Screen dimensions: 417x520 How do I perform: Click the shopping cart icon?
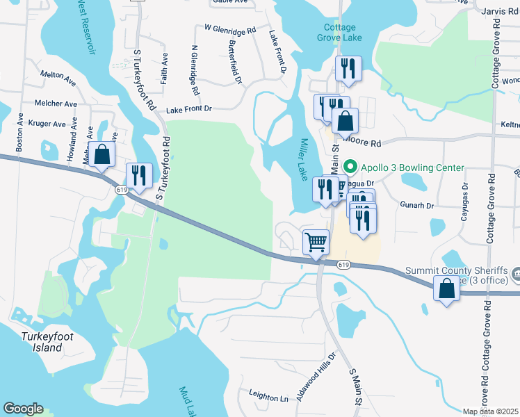pyautogui.click(x=316, y=243)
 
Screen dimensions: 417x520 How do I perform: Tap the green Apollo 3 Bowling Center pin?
pyautogui.click(x=350, y=167)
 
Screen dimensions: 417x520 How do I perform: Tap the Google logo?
pyautogui.click(x=23, y=409)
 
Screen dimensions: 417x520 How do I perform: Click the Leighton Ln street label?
pyautogui.click(x=265, y=398)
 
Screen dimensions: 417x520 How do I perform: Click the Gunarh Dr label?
pyautogui.click(x=417, y=206)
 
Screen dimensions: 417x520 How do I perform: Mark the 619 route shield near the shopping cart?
pyautogui.click(x=343, y=265)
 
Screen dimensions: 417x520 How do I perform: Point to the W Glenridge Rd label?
pyautogui.click(x=230, y=29)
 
